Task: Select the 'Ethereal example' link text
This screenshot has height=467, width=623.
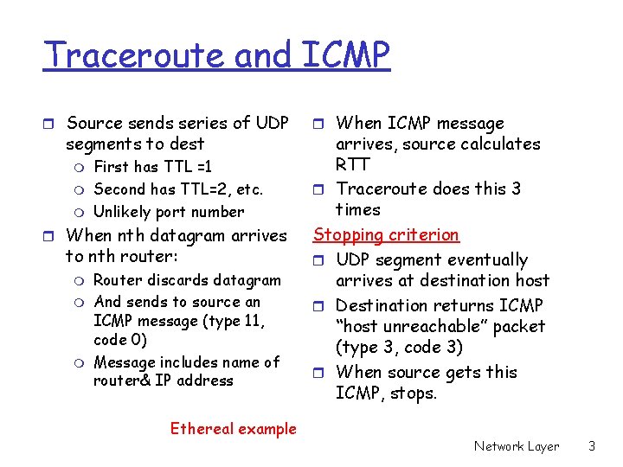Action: click(233, 428)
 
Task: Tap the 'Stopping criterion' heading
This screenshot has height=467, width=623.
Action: click(386, 234)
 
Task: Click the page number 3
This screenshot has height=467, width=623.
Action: click(592, 446)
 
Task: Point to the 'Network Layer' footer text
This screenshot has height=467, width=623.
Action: click(517, 446)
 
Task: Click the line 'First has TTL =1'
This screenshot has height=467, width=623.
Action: click(152, 166)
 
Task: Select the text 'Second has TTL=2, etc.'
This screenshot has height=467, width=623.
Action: click(177, 189)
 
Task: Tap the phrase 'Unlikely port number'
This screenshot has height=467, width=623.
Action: click(169, 211)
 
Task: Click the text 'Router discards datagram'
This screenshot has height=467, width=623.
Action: click(187, 279)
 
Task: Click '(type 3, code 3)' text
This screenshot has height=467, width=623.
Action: click(399, 348)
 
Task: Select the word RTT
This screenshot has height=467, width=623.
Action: click(352, 164)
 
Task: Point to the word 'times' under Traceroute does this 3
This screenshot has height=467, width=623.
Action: click(357, 209)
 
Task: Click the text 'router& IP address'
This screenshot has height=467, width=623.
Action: click(163, 380)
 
